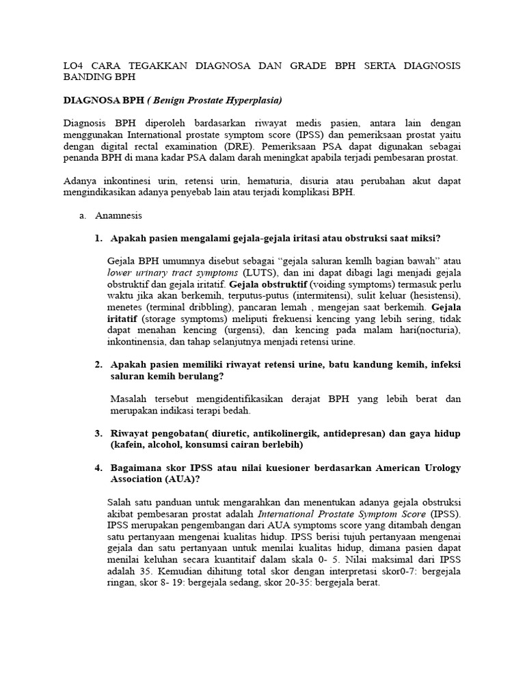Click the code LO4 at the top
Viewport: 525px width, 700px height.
[73, 66]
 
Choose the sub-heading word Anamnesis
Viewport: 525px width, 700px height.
[119, 215]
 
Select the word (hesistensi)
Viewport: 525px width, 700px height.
[433, 295]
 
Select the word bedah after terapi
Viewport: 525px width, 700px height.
[237, 410]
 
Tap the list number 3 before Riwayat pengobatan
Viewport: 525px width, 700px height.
[98, 433]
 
